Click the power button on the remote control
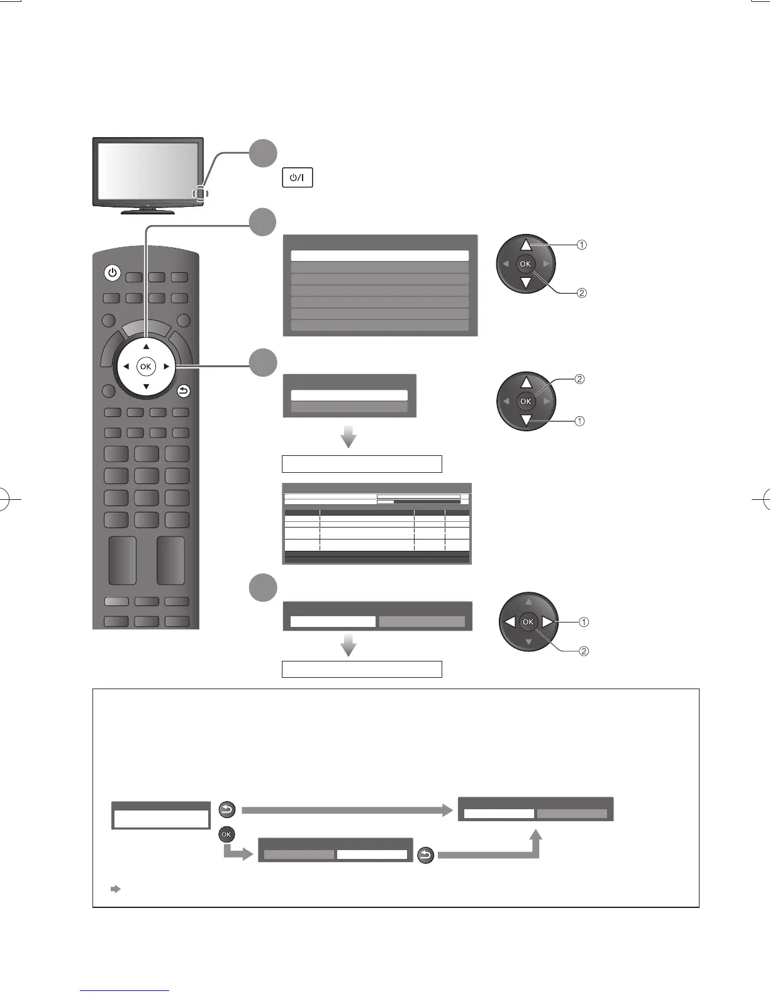112,273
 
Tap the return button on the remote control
183,392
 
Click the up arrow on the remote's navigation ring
146,346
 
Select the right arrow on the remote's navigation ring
166,366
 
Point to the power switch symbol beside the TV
298,178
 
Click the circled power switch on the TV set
201,194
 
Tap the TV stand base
148,211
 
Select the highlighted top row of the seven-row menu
380,256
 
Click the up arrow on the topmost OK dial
527,246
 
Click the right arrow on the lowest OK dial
547,622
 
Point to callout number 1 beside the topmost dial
582,245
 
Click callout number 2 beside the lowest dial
584,651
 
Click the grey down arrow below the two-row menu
349,436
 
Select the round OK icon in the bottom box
226,834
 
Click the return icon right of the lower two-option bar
426,856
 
